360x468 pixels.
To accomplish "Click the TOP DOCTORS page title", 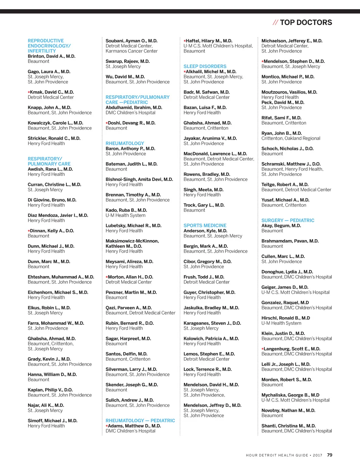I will click(306, 23).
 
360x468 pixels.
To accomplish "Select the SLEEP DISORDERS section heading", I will click(205, 66).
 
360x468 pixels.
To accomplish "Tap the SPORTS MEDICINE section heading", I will click(205, 226).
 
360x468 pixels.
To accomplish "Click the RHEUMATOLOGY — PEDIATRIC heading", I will click(140, 420).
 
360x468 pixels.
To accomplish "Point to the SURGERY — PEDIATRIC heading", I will click(288, 220).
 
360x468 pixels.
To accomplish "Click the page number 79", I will click(329, 455).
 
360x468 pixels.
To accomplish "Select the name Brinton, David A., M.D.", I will click(51, 56).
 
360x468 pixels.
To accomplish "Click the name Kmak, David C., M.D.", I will click(52, 92).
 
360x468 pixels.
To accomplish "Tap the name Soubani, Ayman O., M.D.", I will click(131, 41).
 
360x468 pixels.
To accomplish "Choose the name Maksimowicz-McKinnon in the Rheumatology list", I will click(132, 241).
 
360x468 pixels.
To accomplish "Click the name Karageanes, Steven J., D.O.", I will click(212, 323).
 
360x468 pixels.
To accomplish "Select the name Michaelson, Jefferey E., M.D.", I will click(292, 41).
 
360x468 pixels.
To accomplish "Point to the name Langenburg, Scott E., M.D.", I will click(292, 349).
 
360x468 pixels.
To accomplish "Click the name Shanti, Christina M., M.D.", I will click(288, 426).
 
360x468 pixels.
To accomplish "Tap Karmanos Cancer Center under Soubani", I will click(131, 51).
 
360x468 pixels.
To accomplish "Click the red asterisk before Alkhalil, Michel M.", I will click(185, 72).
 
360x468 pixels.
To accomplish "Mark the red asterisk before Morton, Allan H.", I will click(107, 277).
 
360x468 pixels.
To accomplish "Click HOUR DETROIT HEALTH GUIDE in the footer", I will click(277, 455).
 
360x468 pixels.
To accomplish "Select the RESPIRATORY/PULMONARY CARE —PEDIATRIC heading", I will click(137, 100).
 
